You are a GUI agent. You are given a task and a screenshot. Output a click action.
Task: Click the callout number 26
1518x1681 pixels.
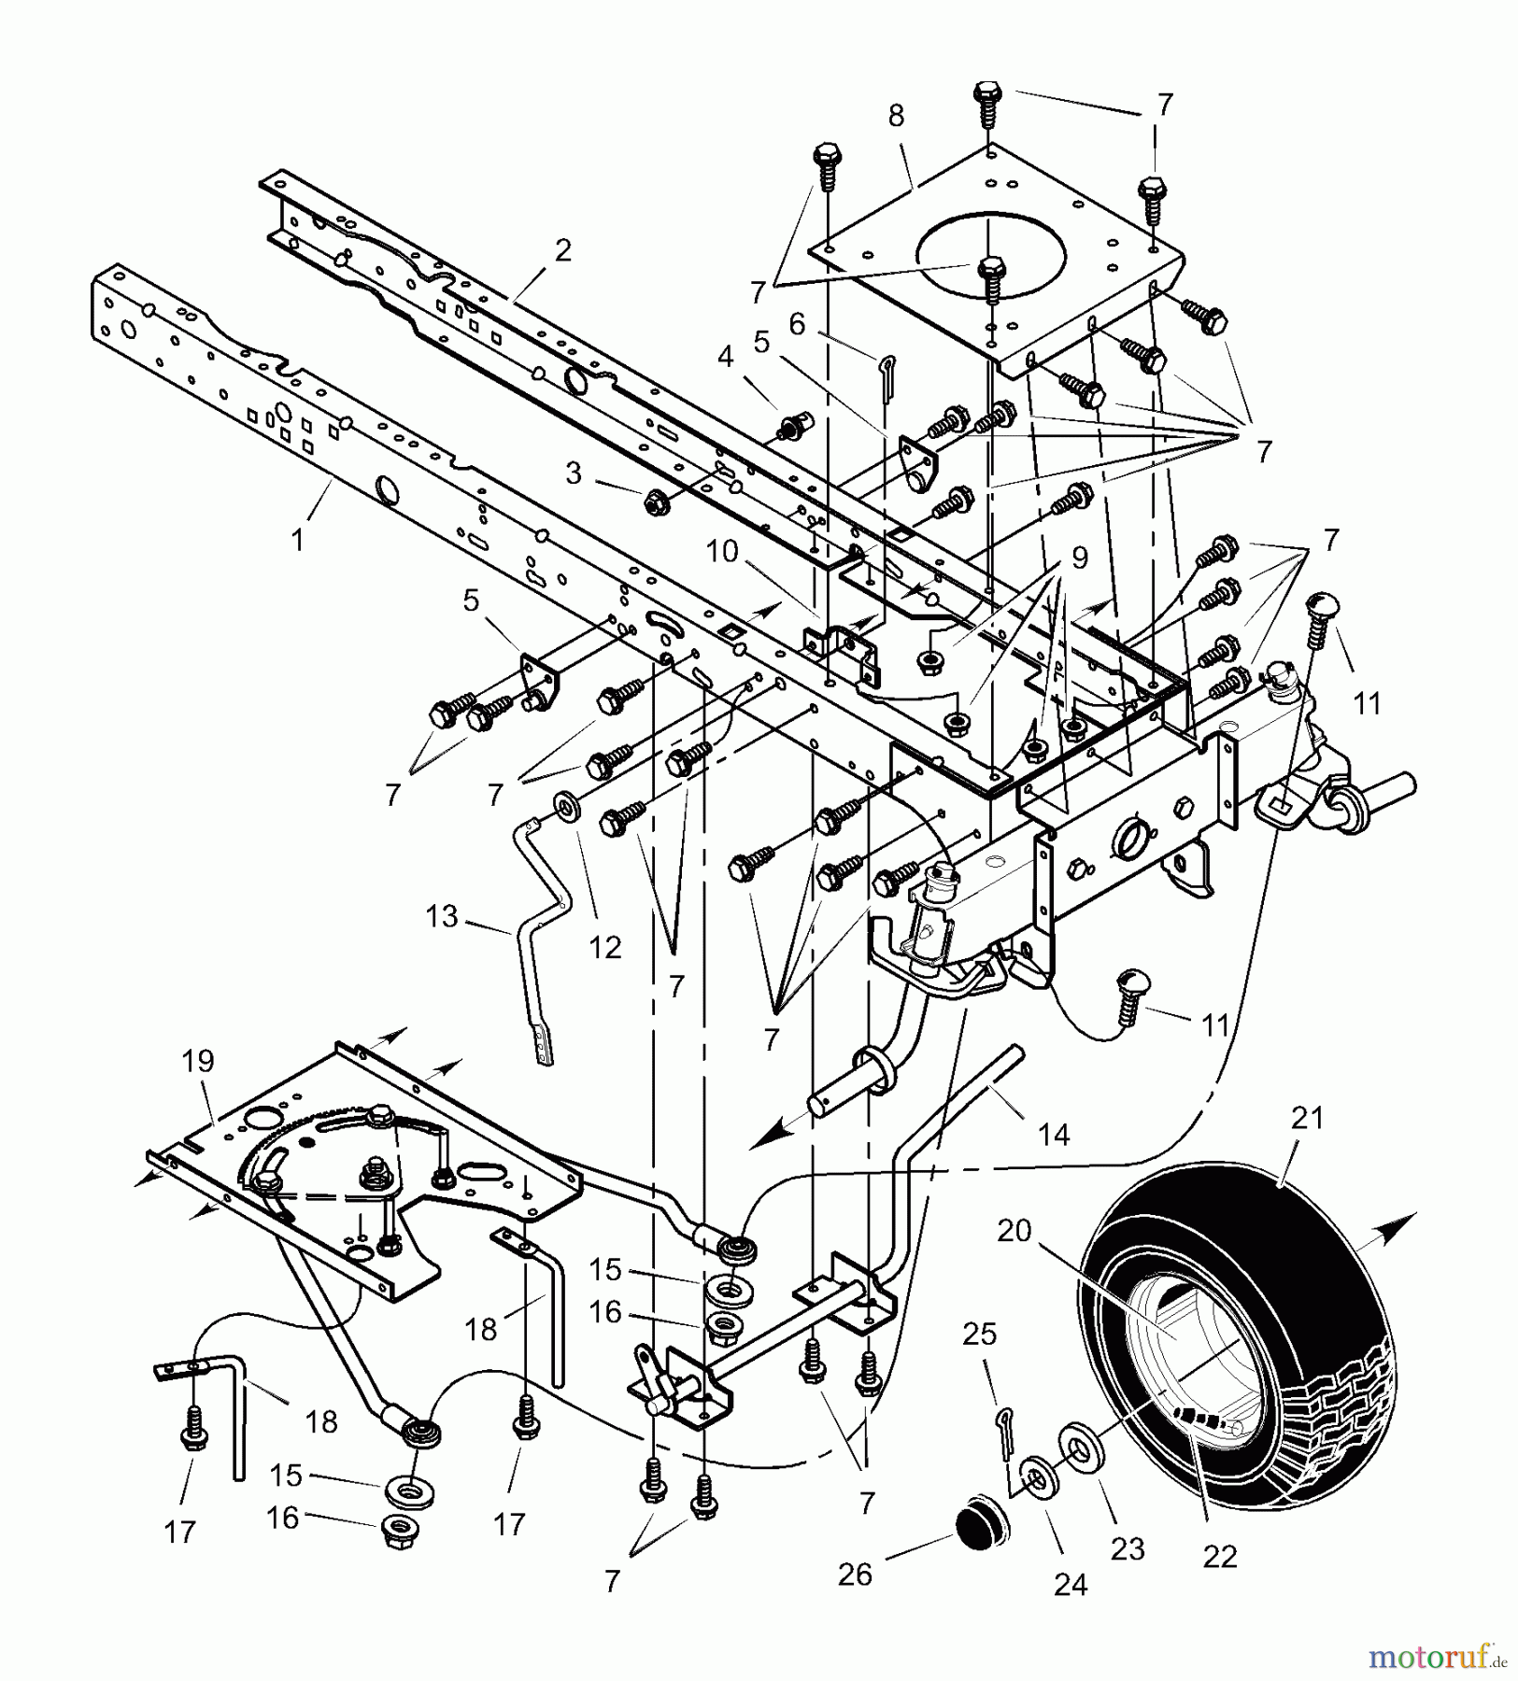[x=855, y=1575]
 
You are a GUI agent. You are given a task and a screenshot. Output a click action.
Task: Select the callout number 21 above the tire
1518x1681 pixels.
[x=1306, y=1117]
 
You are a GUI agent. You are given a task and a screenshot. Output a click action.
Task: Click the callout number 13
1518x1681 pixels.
[x=442, y=916]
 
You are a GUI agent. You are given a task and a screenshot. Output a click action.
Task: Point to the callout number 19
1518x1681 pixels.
[x=198, y=1061]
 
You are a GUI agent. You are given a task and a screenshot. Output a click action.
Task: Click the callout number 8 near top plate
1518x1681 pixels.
[x=896, y=116]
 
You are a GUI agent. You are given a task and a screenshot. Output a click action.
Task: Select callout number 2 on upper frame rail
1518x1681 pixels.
[x=561, y=250]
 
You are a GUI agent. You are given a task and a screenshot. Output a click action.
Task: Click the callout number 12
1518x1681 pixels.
[x=604, y=947]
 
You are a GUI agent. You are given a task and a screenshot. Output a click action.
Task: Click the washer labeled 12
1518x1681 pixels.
[x=565, y=804]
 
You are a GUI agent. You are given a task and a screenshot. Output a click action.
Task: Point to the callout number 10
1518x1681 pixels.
[x=722, y=551]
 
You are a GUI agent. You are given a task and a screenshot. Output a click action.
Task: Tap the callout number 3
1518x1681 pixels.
[x=574, y=473]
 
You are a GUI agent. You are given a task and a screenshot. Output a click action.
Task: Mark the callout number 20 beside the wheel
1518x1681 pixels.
[x=1013, y=1232]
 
